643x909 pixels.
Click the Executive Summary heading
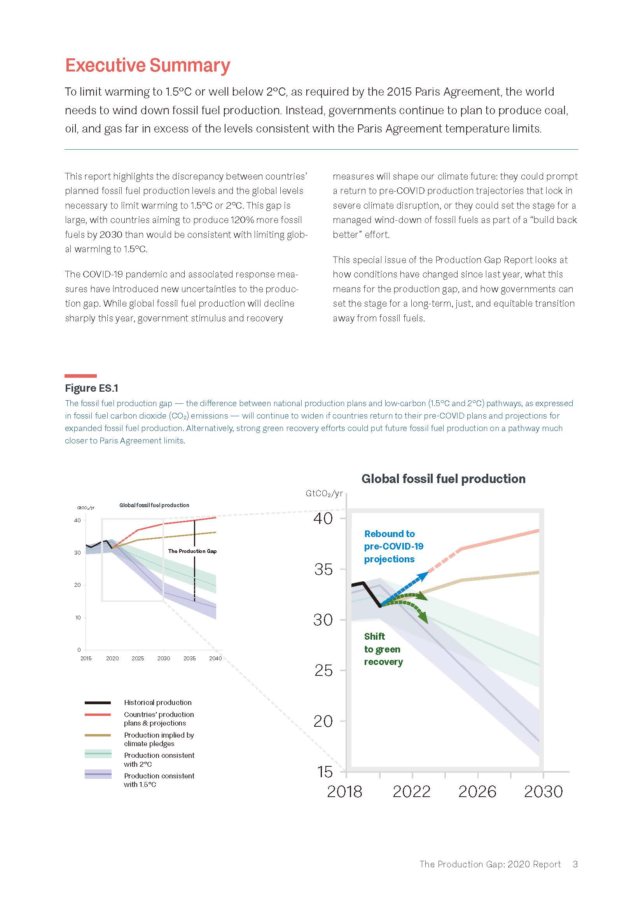click(x=147, y=65)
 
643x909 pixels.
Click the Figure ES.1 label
click(x=91, y=388)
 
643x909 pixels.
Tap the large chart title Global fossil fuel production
click(x=443, y=479)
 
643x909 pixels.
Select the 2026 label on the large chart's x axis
click(x=477, y=791)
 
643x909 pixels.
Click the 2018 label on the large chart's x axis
click(x=344, y=791)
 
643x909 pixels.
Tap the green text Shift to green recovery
click(x=383, y=649)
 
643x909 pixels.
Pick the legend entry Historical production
click(x=157, y=702)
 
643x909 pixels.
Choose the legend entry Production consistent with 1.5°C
click(x=159, y=780)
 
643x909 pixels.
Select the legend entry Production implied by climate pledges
click(x=158, y=739)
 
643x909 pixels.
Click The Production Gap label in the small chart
click(x=192, y=551)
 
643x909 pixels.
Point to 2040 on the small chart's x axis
click(x=215, y=658)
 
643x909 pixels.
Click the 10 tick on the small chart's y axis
click(x=78, y=618)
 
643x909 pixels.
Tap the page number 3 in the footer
click(x=575, y=864)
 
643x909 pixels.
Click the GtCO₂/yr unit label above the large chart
click(x=324, y=493)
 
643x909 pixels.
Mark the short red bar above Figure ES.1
click(x=81, y=376)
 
